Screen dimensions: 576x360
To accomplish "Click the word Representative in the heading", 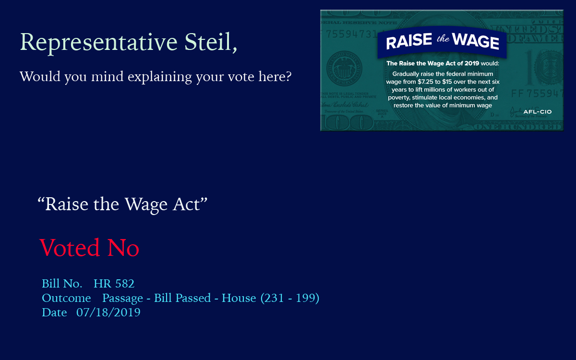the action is click(99, 42).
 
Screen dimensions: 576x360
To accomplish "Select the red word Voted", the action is click(70, 247).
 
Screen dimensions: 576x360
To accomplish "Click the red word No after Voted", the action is click(123, 248).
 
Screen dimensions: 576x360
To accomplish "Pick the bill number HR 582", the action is click(114, 284).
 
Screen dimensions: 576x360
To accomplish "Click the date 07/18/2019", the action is click(108, 312).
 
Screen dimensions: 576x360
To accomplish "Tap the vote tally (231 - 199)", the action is click(290, 298).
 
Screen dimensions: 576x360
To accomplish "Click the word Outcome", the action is click(66, 298).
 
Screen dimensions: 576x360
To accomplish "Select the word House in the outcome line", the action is click(239, 298).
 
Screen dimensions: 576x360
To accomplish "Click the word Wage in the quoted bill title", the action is click(146, 205).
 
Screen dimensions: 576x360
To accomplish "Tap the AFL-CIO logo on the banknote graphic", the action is click(538, 112).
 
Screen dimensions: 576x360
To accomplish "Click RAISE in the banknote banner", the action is click(409, 41).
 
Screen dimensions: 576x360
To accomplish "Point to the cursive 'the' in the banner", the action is click(443, 39).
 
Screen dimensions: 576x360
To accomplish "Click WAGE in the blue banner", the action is click(476, 41).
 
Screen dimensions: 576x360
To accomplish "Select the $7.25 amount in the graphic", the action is click(425, 82).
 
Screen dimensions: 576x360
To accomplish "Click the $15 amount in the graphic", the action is click(447, 82).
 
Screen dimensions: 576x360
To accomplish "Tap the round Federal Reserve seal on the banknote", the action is click(344, 69).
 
